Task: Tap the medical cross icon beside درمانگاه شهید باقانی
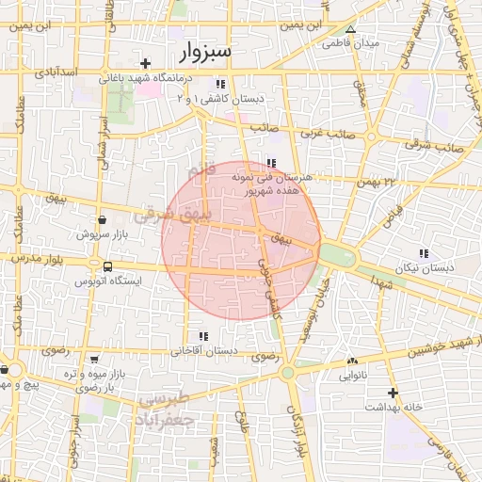(x=146, y=63)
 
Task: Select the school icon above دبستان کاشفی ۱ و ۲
(x=221, y=85)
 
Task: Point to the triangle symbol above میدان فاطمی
(x=350, y=29)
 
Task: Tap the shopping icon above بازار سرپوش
(x=101, y=218)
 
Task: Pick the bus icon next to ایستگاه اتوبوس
(x=108, y=266)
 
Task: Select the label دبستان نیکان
(x=424, y=267)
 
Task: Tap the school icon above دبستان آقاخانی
(x=203, y=336)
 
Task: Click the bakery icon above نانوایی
(x=353, y=361)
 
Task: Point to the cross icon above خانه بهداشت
(x=394, y=393)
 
